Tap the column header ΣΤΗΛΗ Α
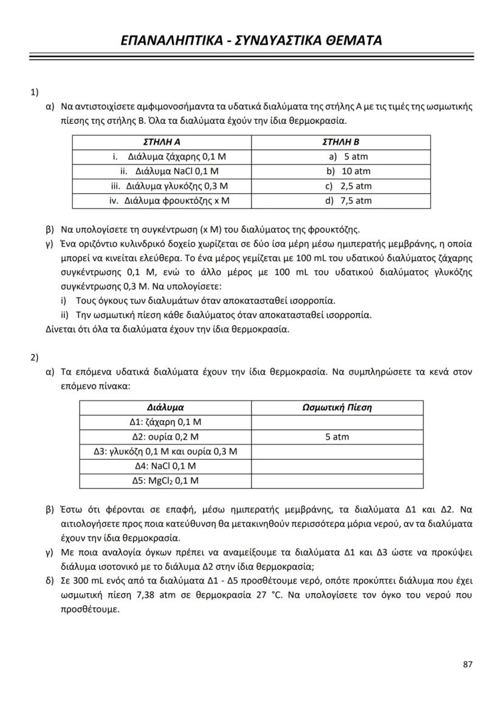(x=161, y=142)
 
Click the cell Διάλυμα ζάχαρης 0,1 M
(x=172, y=157)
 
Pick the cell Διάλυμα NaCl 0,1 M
(x=171, y=171)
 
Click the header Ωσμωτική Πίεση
(x=337, y=407)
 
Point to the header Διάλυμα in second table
(x=165, y=407)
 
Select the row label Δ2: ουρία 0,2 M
(x=165, y=437)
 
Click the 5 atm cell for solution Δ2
(x=337, y=437)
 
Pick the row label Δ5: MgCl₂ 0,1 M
(x=165, y=481)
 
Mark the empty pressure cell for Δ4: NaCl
(x=337, y=466)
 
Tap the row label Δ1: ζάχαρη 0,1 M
(x=165, y=422)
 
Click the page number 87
(x=467, y=664)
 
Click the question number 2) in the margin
(x=35, y=357)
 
